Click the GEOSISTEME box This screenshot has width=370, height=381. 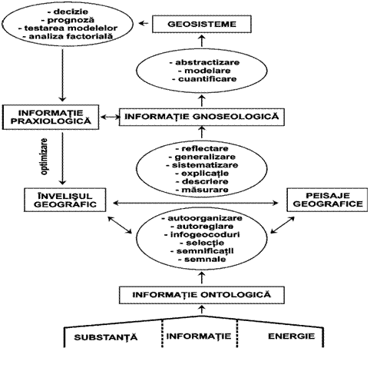[x=202, y=24]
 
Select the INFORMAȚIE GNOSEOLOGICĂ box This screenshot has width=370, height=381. [x=202, y=117]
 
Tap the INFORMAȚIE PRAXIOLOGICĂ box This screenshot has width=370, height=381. [x=51, y=117]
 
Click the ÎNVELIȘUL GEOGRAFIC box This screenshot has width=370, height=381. [x=65, y=200]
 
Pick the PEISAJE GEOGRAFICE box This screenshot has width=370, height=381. [x=327, y=200]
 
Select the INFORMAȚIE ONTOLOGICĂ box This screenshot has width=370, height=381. [x=202, y=295]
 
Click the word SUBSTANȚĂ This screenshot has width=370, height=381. [x=106, y=337]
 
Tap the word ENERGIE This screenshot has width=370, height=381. [x=291, y=336]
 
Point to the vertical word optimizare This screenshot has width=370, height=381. [x=45, y=157]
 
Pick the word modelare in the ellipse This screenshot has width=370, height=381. [x=204, y=71]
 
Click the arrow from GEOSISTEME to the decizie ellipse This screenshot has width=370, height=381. [x=144, y=24]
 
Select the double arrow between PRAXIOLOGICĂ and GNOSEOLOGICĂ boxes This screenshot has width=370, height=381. [x=110, y=117]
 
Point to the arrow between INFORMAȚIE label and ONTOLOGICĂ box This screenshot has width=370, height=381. [x=202, y=310]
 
